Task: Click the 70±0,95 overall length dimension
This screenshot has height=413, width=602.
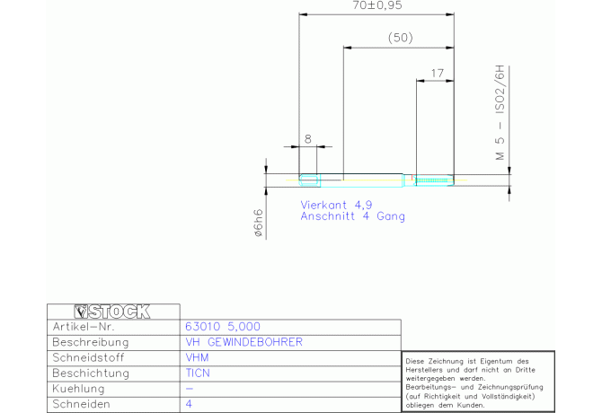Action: pyautogui.click(x=377, y=5)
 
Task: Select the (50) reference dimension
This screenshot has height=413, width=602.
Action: pyautogui.click(x=400, y=38)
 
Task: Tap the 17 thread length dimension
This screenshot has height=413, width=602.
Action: pyautogui.click(x=438, y=73)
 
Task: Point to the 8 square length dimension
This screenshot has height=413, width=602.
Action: pyautogui.click(x=308, y=139)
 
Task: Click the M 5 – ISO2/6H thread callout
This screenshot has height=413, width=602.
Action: pyautogui.click(x=500, y=113)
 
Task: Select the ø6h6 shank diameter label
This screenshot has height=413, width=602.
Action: pyautogui.click(x=259, y=223)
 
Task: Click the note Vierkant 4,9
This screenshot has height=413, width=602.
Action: pyautogui.click(x=336, y=205)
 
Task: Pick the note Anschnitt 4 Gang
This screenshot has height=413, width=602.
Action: pyautogui.click(x=352, y=216)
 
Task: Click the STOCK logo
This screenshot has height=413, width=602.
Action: pyautogui.click(x=112, y=312)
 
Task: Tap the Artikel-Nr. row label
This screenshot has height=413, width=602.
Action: pyautogui.click(x=84, y=327)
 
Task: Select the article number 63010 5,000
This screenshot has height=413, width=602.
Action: pyautogui.click(x=223, y=327)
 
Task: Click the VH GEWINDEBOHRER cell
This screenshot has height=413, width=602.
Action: pyautogui.click(x=244, y=342)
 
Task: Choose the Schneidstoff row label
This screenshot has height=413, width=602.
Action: pyautogui.click(x=88, y=357)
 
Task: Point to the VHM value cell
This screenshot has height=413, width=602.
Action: pyautogui.click(x=197, y=357)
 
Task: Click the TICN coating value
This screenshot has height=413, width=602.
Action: pyautogui.click(x=198, y=373)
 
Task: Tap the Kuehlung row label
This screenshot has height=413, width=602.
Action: pyautogui.click(x=78, y=389)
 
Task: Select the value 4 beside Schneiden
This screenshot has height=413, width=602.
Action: pyautogui.click(x=189, y=404)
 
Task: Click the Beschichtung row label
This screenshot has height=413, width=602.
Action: pyautogui.click(x=91, y=373)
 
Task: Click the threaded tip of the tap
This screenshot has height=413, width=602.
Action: pyautogui.click(x=435, y=180)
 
